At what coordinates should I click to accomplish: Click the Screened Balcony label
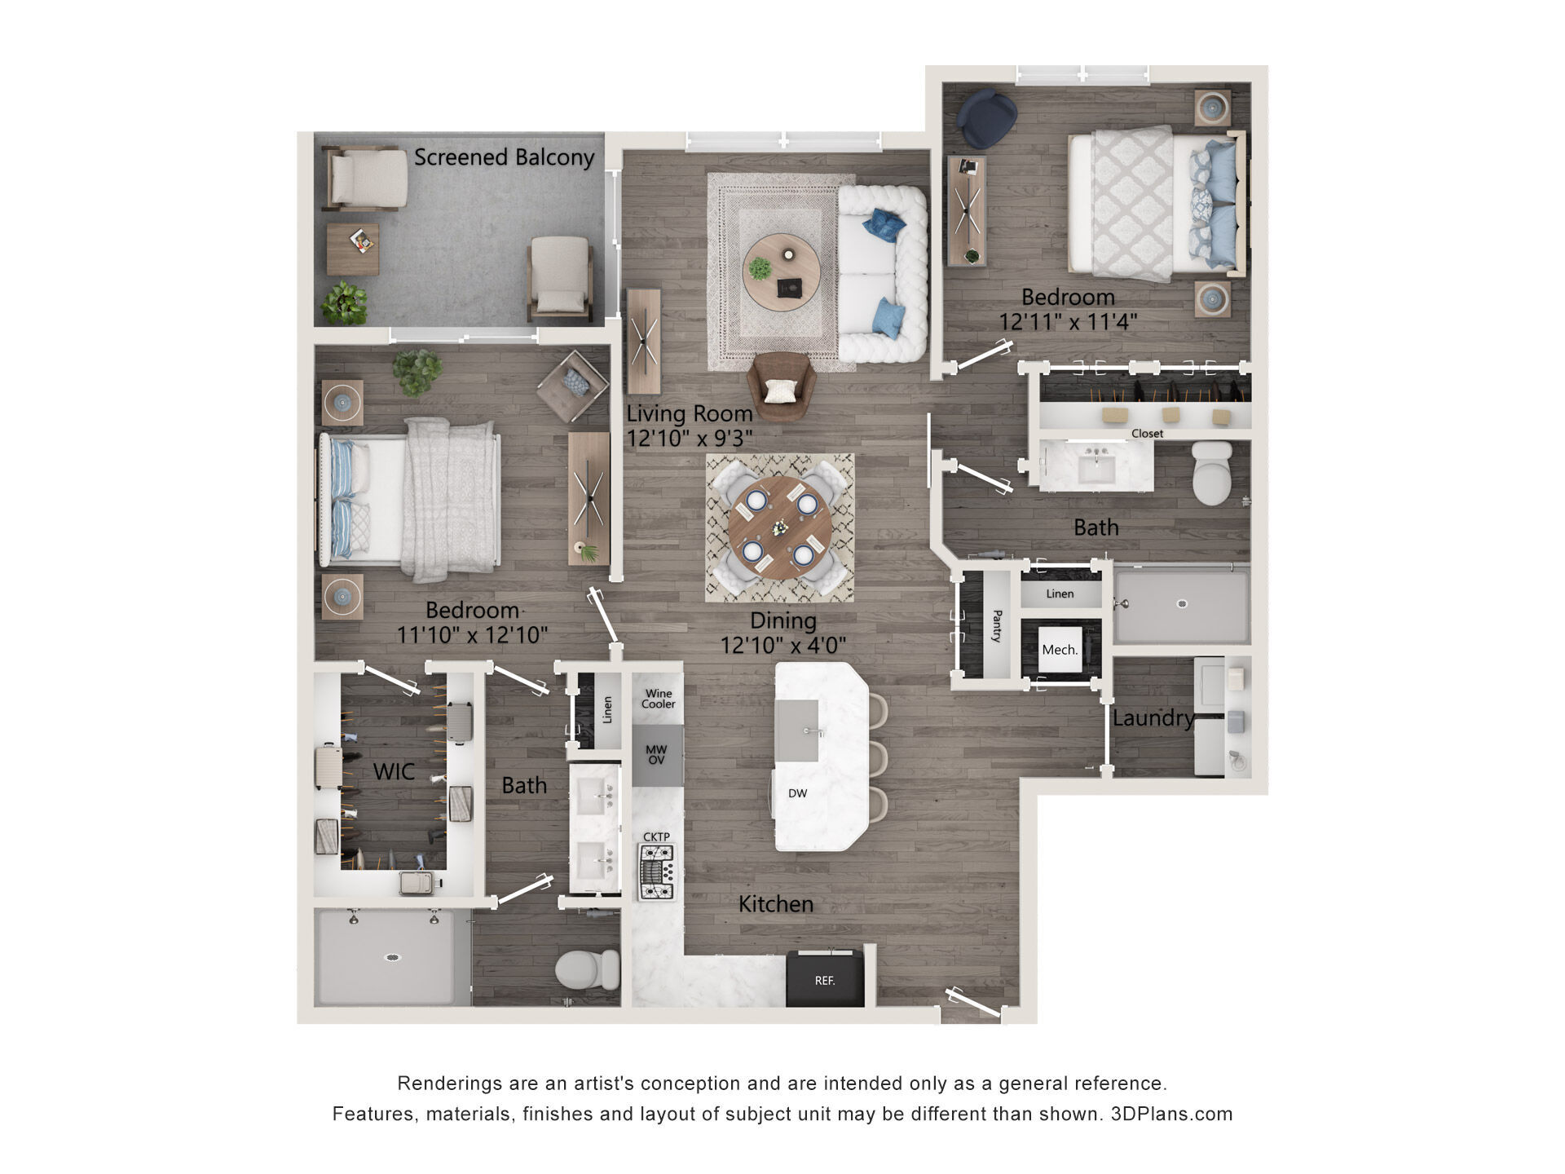coord(504,157)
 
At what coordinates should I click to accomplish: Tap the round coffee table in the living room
coord(781,272)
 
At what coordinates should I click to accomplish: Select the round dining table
coord(779,527)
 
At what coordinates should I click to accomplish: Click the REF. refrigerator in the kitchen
coord(824,978)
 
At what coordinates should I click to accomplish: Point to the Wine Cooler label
coord(658,699)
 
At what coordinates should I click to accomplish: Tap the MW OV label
coord(656,755)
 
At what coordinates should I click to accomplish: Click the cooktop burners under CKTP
coord(657,872)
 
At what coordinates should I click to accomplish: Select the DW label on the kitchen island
coord(797,793)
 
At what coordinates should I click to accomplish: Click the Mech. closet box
coord(1060,650)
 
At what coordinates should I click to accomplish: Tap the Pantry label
coord(996,625)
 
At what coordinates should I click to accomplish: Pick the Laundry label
coord(1153,718)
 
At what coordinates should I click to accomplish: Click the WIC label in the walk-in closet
coord(394,771)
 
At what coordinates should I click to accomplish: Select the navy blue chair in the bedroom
coord(987,118)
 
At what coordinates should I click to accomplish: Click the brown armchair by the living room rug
coord(781,386)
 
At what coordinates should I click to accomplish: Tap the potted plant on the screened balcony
coord(344,303)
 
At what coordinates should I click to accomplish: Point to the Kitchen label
coord(776,903)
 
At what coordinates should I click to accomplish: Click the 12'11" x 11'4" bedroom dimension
coord(1068,322)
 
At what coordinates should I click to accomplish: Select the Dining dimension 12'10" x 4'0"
coord(782,645)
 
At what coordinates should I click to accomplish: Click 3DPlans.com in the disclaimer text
coord(1172,1114)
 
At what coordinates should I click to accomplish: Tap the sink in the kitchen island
coord(796,730)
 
